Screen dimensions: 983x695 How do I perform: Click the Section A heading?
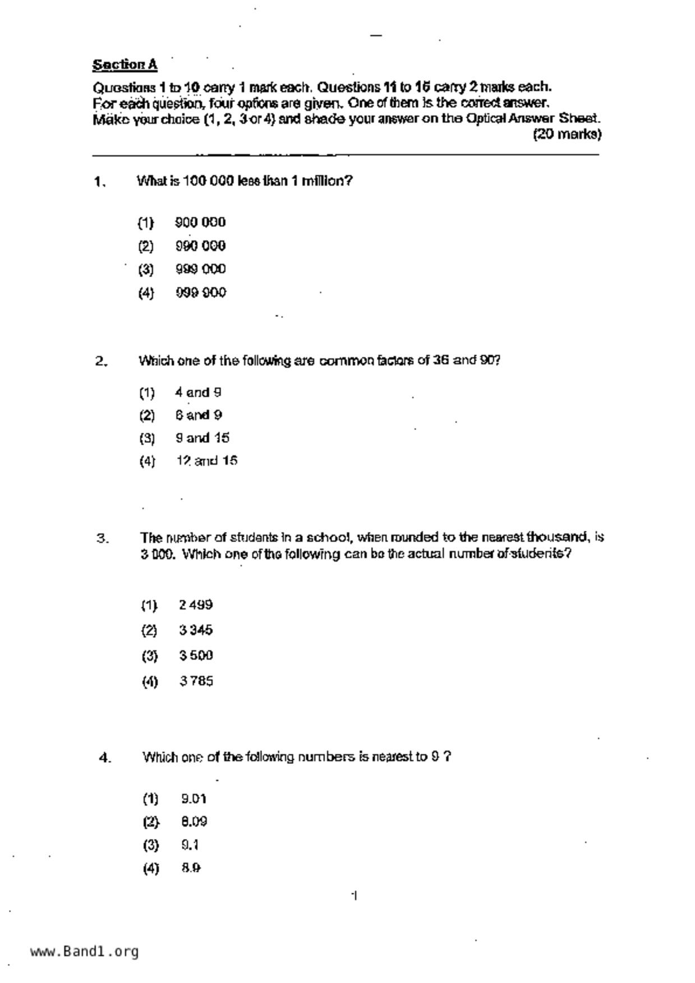125,65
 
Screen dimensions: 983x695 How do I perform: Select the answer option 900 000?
200,222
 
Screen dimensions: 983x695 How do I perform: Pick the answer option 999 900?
200,293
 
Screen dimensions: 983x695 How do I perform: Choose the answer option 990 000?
200,246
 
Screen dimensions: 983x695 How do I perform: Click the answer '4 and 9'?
198,392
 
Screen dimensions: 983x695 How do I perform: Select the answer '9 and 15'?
202,438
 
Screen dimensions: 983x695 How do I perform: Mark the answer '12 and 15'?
206,461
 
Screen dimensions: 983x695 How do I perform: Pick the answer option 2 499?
196,605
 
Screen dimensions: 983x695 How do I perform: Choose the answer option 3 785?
196,681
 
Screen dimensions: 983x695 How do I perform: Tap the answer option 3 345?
196,630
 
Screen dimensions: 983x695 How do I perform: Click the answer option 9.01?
194,799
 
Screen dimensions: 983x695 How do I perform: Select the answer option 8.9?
191,868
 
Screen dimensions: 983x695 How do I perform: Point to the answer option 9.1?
190,845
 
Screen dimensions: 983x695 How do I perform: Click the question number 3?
103,539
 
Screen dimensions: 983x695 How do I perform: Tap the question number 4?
105,758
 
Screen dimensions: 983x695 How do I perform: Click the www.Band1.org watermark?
84,952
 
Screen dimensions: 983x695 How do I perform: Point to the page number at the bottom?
355,896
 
